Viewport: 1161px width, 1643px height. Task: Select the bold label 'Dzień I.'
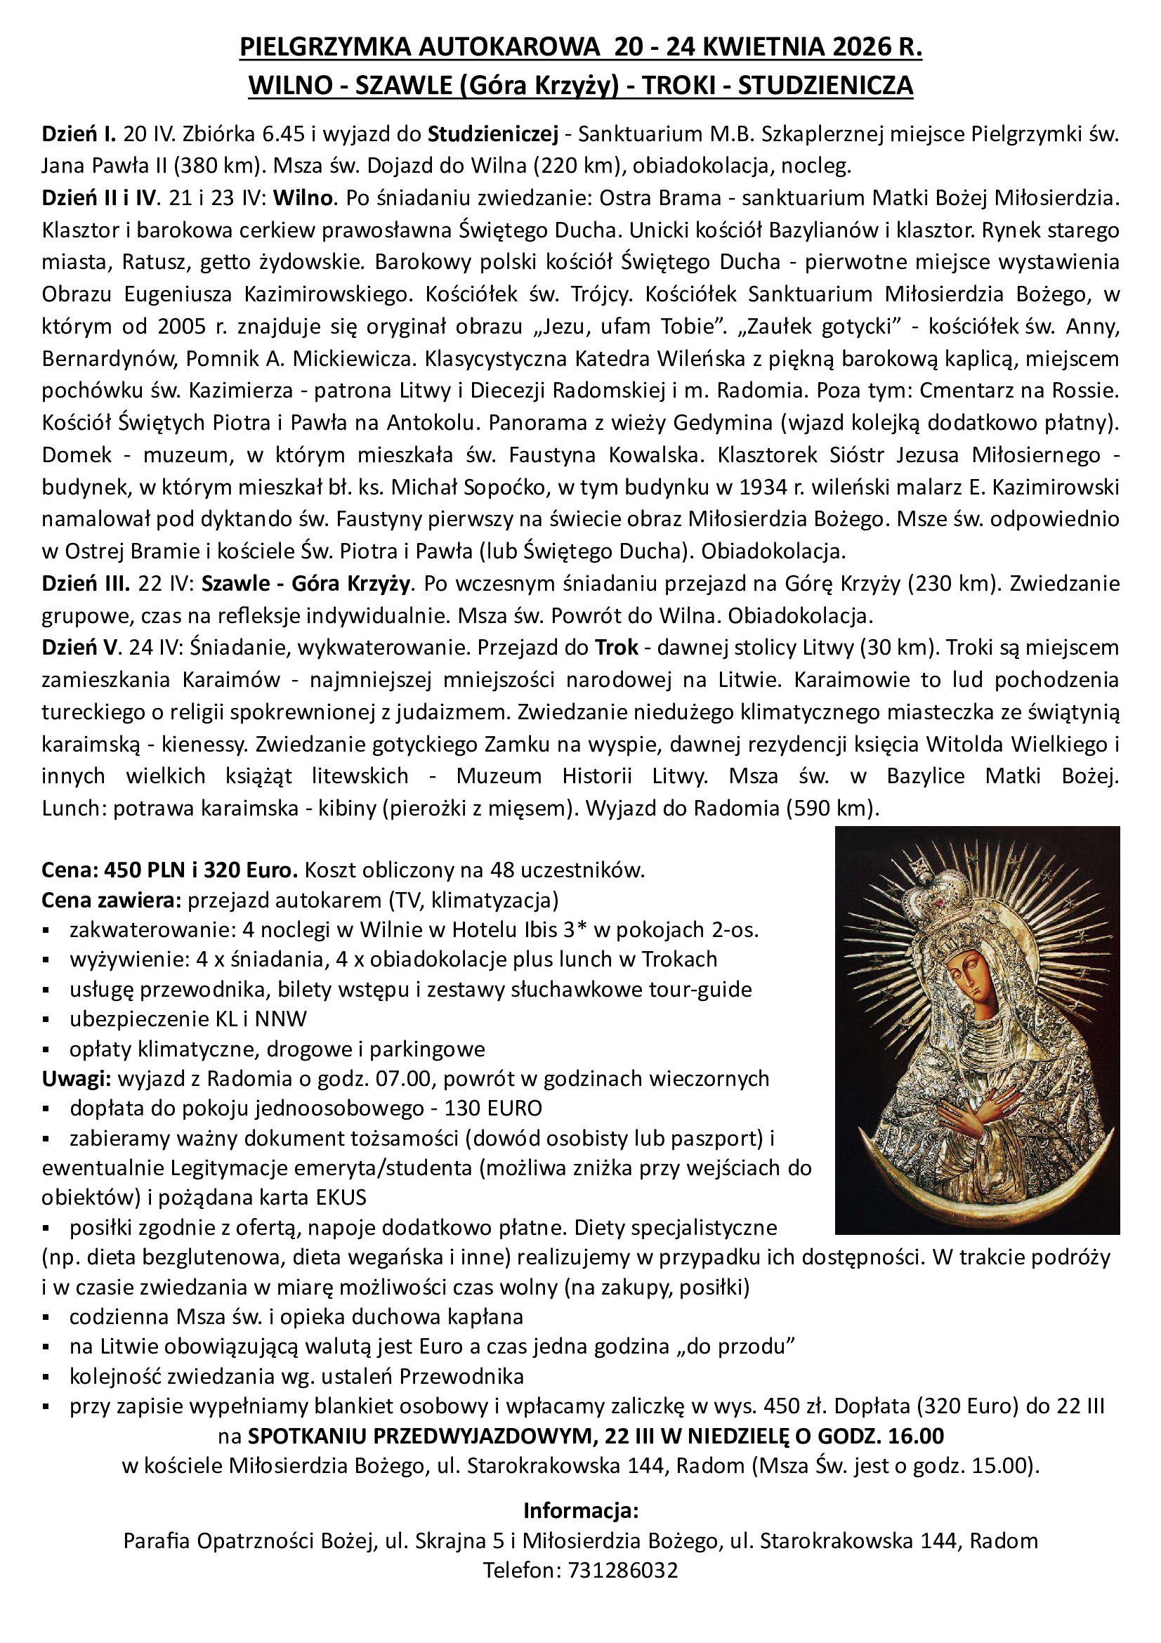tap(79, 134)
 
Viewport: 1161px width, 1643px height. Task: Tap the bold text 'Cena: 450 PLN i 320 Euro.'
tap(169, 870)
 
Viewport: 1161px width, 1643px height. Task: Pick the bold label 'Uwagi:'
tap(77, 1078)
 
